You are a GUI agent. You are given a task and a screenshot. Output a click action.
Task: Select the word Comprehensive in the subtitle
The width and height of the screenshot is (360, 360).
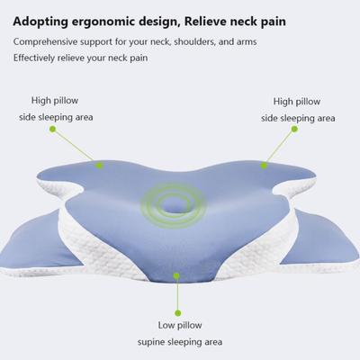45,42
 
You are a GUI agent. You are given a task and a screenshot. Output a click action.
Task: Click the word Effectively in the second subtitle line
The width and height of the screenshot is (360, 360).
34,58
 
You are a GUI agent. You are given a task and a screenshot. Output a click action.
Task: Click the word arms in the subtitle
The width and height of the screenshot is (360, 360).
247,42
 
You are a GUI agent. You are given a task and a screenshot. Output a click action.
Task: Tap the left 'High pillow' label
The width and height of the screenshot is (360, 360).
55,101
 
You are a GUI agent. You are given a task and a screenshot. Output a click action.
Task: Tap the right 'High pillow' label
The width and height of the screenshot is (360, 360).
297,102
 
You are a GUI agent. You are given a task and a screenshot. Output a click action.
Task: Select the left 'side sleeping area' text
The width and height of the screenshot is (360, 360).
56,117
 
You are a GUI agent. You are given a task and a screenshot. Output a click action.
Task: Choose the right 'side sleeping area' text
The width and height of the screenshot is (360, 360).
298,118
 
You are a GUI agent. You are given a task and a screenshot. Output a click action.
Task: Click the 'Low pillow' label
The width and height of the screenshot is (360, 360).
180,325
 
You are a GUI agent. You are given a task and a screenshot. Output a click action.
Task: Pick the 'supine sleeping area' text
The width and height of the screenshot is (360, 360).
180,342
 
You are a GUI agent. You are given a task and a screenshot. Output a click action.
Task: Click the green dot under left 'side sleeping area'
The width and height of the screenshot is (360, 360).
53,130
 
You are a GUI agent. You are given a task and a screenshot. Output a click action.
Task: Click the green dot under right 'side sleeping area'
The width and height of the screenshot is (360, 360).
294,129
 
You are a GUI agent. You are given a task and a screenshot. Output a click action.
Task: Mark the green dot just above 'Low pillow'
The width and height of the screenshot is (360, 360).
178,313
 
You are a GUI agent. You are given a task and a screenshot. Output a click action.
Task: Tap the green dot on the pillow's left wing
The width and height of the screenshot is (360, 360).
100,166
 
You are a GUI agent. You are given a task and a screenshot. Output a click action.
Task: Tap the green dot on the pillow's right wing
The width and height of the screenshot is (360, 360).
264,166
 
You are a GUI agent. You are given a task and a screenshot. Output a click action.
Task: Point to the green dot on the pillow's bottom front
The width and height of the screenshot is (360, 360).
176,275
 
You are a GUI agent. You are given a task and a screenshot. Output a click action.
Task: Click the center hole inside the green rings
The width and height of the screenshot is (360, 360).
173,206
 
